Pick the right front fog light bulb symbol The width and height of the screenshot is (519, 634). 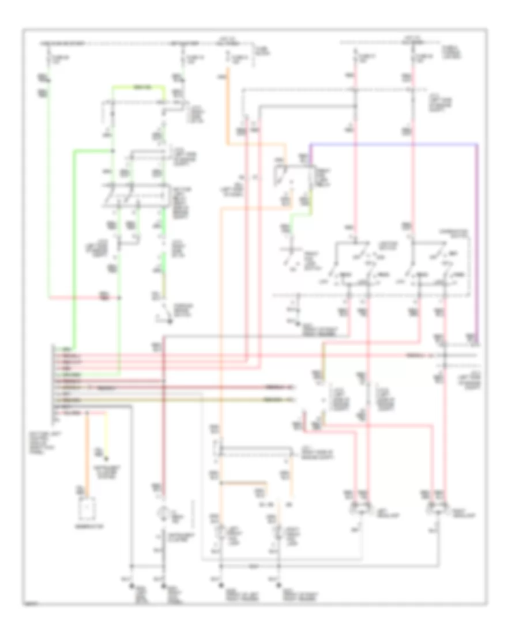pyautogui.click(x=280, y=531)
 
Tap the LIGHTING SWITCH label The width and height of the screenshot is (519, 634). pyautogui.click(x=386, y=246)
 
